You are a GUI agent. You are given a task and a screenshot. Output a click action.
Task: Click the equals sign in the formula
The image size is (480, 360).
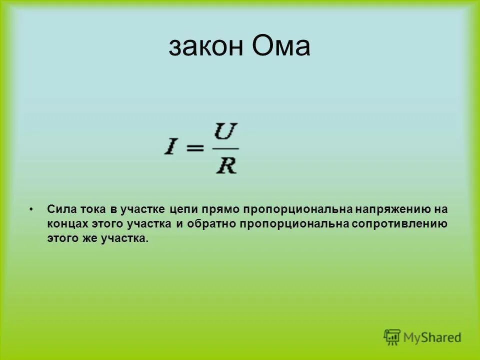196,149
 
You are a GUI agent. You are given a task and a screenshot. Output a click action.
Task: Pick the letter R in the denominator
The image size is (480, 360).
226,165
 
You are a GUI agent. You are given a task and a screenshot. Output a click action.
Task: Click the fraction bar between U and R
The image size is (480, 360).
226,149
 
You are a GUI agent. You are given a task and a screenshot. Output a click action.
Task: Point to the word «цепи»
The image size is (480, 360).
183,208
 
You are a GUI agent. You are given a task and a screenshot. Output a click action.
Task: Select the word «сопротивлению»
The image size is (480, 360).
399,224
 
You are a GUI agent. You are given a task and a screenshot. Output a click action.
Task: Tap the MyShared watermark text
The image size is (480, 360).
432,338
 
